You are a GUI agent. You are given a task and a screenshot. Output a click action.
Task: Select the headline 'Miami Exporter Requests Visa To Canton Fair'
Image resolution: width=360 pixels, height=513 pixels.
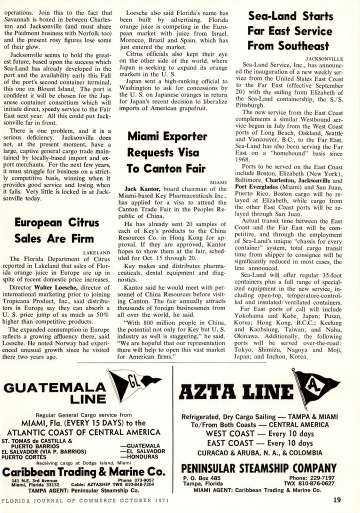click(167, 151)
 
